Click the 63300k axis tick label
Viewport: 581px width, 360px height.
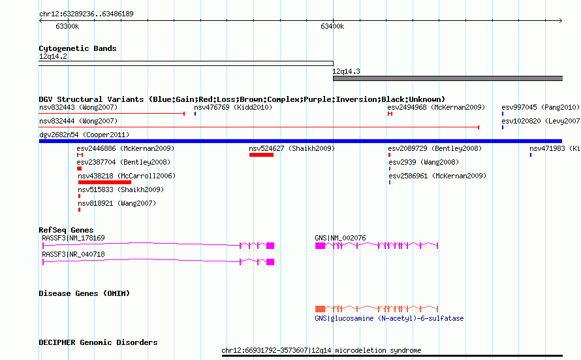coord(67,26)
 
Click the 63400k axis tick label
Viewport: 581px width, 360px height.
coord(332,26)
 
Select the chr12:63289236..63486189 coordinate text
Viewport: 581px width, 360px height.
coord(86,14)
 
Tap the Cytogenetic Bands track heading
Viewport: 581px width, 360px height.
coord(78,48)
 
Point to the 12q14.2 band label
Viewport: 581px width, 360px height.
coord(53,56)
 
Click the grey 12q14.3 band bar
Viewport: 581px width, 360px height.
coord(448,78)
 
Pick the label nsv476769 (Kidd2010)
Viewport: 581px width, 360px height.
coord(233,107)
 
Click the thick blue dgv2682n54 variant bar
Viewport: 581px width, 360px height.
coord(300,141)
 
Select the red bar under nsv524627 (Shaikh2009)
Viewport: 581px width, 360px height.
coord(261,155)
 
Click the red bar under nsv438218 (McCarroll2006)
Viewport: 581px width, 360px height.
coord(104,182)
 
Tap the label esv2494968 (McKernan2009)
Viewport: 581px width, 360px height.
coord(436,107)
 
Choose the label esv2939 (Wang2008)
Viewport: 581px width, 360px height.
coord(424,162)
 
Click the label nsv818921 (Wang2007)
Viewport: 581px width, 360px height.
coord(117,203)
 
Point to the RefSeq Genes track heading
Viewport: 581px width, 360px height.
coord(66,230)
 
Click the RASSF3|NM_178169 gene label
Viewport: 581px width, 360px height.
coord(73,238)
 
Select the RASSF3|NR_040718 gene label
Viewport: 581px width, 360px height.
coord(73,254)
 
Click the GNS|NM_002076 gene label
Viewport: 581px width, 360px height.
coord(340,238)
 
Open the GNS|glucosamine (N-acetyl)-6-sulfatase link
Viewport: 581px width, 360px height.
coord(389,318)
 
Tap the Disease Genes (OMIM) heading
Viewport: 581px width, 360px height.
coord(84,293)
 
